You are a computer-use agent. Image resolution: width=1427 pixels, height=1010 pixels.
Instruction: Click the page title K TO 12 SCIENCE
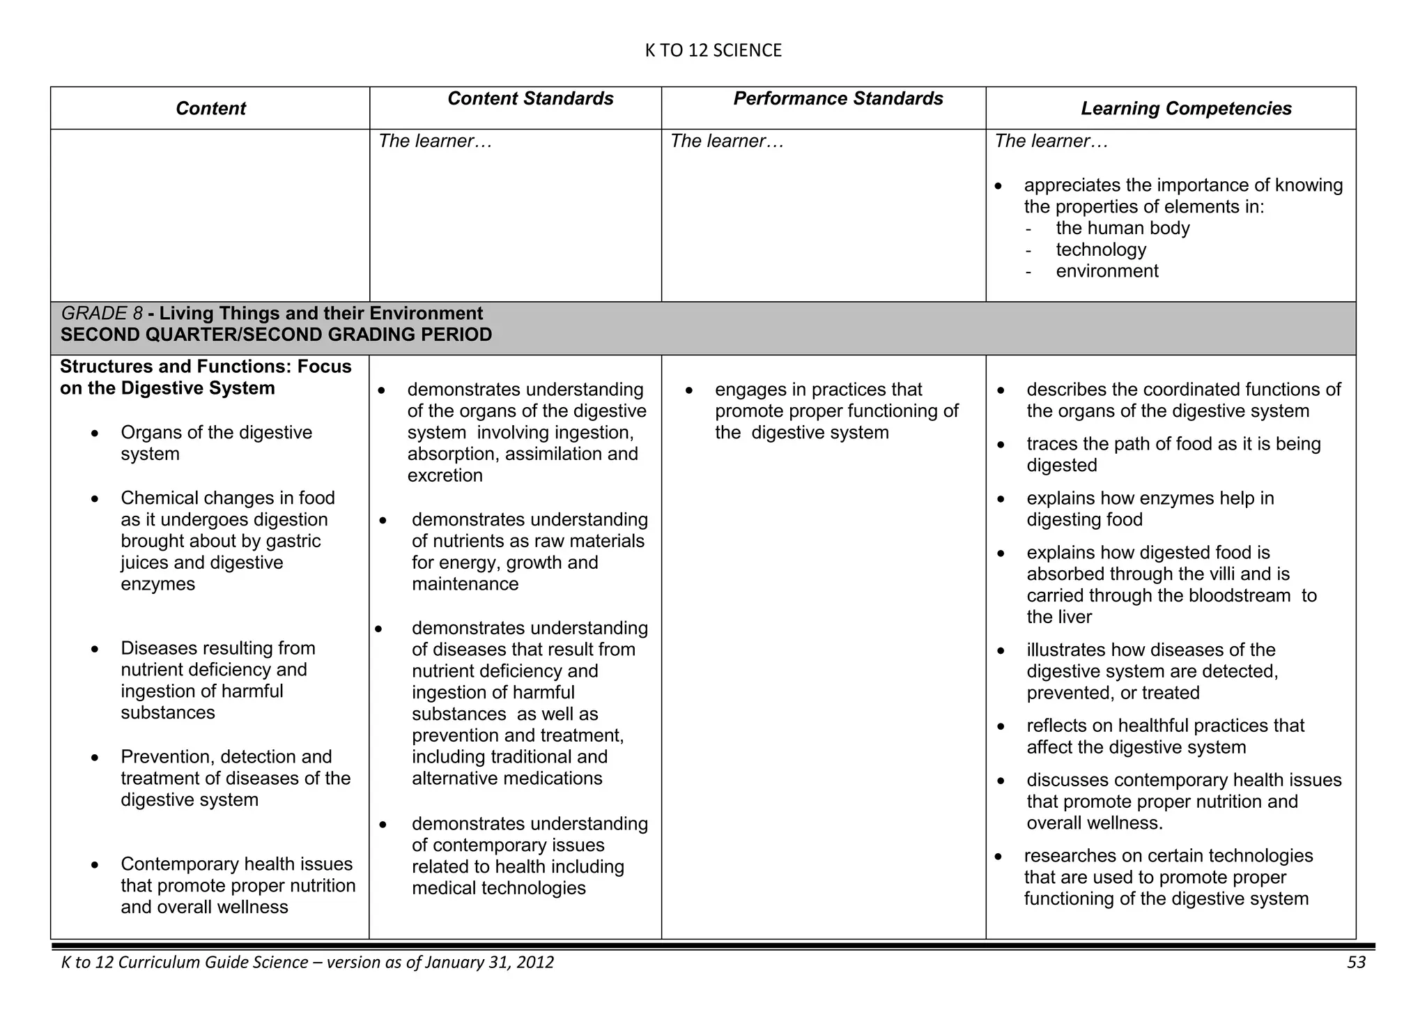point(713,50)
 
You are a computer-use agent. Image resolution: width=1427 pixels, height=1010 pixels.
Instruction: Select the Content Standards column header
point(530,99)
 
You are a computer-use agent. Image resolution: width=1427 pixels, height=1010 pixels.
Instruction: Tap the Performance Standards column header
point(838,99)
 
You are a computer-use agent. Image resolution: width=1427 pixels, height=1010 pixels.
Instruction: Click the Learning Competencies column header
point(1186,109)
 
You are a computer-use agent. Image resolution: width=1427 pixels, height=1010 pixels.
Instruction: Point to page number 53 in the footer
point(1356,963)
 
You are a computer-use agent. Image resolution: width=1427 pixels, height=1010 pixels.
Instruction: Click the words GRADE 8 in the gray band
point(102,314)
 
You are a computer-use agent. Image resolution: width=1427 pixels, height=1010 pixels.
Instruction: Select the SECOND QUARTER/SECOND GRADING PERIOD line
point(276,335)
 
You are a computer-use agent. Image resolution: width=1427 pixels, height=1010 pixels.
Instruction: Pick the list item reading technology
point(1101,250)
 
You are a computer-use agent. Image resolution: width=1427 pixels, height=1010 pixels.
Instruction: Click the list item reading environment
point(1107,271)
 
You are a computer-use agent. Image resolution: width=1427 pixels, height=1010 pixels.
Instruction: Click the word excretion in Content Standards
point(445,476)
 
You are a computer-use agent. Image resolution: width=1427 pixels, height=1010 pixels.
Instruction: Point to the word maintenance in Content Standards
point(465,584)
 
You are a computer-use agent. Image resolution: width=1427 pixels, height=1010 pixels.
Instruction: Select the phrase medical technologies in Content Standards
point(498,889)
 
